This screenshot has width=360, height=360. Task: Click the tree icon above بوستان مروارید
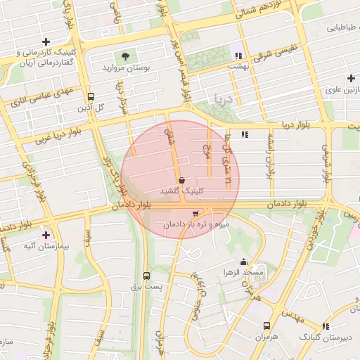125,56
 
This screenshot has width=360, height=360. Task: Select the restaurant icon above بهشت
238,56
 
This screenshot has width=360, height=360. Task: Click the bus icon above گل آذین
90,97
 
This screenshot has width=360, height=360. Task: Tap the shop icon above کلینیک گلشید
181,180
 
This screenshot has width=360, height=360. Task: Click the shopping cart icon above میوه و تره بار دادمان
195,213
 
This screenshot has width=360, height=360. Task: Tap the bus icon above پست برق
146,276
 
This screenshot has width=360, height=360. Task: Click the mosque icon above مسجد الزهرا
243,262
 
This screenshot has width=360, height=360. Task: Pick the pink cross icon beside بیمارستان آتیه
46,235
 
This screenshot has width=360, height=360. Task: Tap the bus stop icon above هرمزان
266,326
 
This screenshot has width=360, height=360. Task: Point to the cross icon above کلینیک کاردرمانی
46,42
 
